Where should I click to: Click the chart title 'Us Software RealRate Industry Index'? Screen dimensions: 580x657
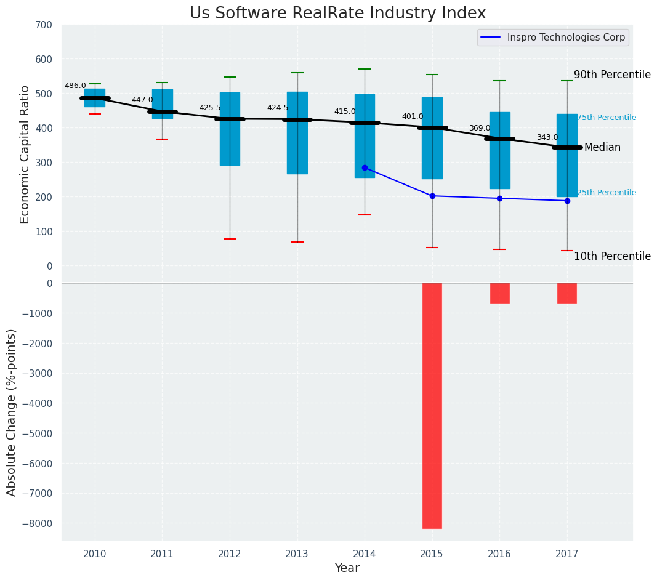pos(337,14)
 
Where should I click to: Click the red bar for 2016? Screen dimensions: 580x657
pos(499,293)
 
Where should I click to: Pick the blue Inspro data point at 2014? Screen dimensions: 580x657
pos(365,167)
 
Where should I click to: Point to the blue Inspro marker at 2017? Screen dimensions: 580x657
pos(567,201)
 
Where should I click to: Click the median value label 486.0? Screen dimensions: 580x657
pos(75,86)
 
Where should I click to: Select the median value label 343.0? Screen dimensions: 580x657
pos(547,137)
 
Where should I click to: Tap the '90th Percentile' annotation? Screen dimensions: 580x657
pos(612,75)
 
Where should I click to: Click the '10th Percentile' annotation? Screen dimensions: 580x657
pos(612,256)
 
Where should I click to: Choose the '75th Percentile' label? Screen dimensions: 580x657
pos(607,118)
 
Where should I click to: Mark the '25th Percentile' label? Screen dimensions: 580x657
pos(607,193)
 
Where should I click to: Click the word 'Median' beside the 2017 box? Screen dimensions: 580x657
pos(602,148)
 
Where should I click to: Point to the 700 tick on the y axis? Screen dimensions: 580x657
pos(44,25)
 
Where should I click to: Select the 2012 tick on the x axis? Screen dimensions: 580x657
pos(230,554)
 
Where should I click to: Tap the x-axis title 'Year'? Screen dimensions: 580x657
pos(347,568)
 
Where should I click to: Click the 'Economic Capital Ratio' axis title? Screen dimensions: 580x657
pos(25,154)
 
